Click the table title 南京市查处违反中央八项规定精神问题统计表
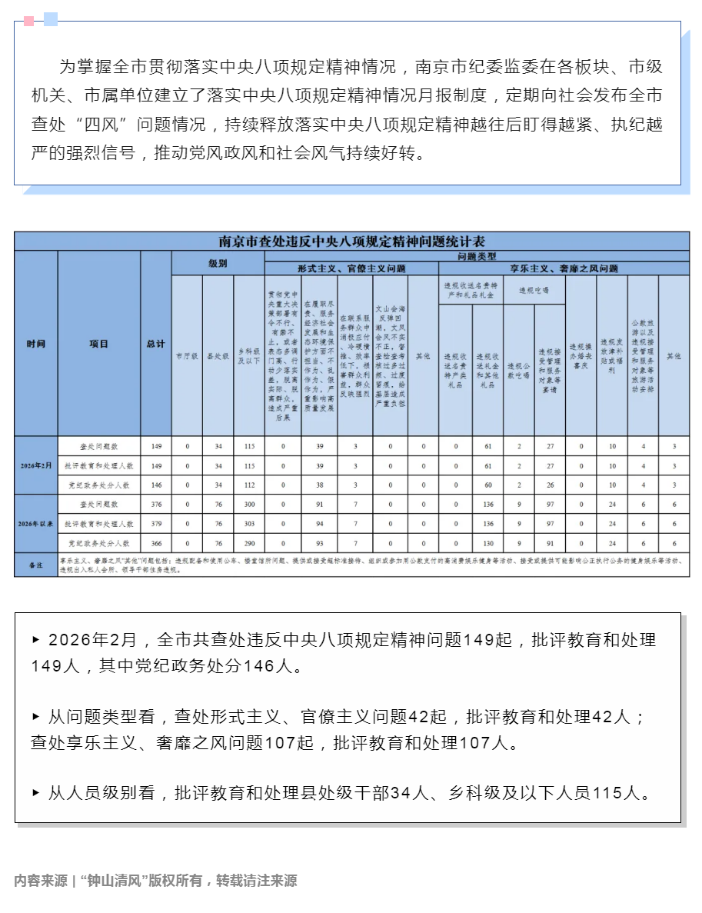point(351,241)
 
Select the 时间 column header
point(36,344)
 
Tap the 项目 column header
point(99,344)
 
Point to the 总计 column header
point(155,344)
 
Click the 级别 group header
point(218,263)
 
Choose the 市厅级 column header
point(186,356)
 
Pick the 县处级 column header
point(218,356)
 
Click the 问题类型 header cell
point(477,255)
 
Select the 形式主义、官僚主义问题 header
point(351,269)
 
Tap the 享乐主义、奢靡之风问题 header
point(564,269)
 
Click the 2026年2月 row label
point(36,466)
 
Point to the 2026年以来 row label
point(36,523)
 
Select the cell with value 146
point(155,485)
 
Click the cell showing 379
point(155,524)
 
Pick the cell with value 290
point(248,543)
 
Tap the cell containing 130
point(487,543)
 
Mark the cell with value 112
point(248,485)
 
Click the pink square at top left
point(28,20)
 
